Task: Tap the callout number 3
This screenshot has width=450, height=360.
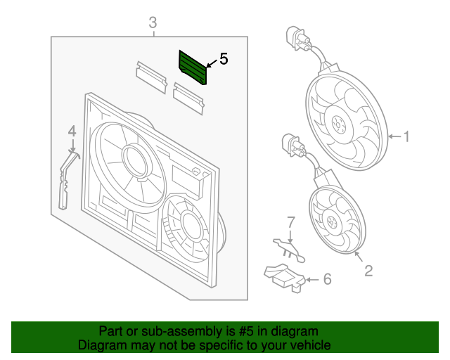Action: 153,25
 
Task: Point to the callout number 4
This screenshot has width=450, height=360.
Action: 72,131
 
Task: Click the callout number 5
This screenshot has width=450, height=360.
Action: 224,59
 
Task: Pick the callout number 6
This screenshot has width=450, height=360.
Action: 326,280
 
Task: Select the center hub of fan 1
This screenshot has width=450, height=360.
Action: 338,127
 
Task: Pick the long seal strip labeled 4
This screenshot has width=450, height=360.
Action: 65,179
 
